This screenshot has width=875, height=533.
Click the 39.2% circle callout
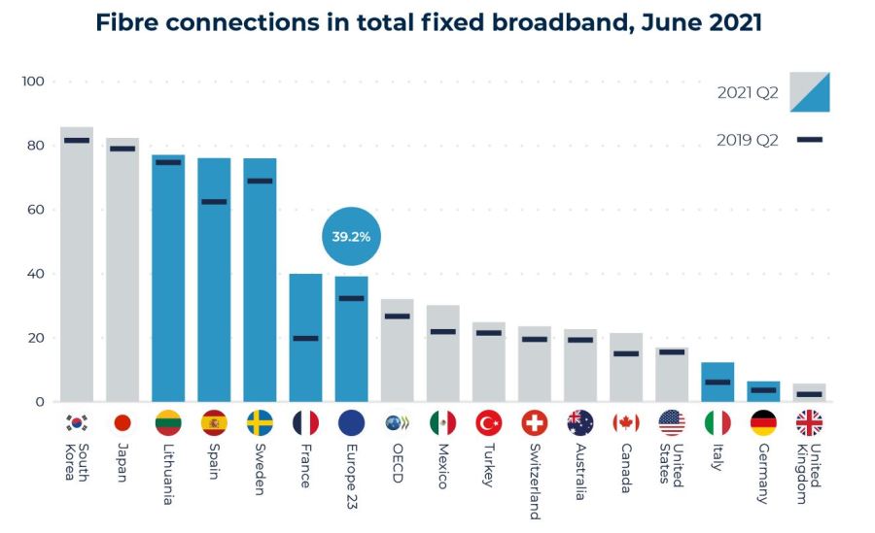pyautogui.click(x=351, y=236)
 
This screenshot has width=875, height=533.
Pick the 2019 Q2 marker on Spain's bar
pyautogui.click(x=214, y=202)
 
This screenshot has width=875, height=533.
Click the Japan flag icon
pyautogui.click(x=122, y=423)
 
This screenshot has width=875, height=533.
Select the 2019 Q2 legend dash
pyautogui.click(x=809, y=140)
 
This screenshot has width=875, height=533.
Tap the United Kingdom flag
pyautogui.click(x=809, y=423)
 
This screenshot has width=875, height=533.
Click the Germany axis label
pyautogui.click(x=762, y=472)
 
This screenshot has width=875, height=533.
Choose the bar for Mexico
pyautogui.click(x=442, y=353)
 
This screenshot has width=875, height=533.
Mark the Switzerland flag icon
pyautogui.click(x=534, y=423)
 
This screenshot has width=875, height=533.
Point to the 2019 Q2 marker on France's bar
pyautogui.click(x=305, y=339)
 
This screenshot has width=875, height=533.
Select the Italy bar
pyautogui.click(x=717, y=382)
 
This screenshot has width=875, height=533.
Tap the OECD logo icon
pyautogui.click(x=397, y=423)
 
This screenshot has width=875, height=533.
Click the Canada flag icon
pyautogui.click(x=626, y=423)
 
